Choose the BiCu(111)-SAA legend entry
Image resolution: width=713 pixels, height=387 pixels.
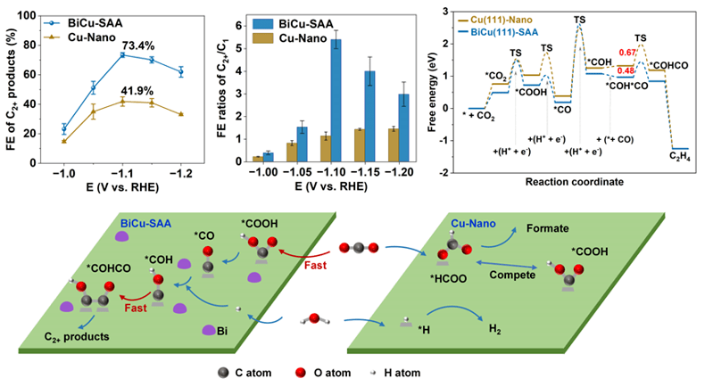click(504, 31)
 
